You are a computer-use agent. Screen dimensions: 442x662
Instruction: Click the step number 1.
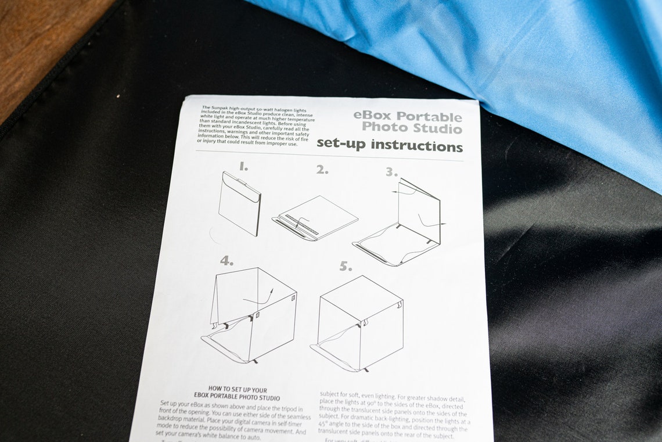point(243,167)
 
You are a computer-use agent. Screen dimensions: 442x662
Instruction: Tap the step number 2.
point(322,170)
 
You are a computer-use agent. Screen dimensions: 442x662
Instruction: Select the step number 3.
point(391,172)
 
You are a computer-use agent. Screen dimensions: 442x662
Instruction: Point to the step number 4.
point(226,261)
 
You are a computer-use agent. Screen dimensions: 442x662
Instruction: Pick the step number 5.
point(346,267)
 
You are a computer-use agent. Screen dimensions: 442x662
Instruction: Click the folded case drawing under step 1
point(239,203)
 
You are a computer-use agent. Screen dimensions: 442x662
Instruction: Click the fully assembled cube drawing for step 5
point(359,322)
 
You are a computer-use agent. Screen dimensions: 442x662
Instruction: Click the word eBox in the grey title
point(372,115)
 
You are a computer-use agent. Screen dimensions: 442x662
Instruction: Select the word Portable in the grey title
point(429,117)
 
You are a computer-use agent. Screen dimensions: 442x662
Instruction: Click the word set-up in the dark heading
point(341,143)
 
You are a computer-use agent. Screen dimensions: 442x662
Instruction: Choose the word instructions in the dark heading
point(416,146)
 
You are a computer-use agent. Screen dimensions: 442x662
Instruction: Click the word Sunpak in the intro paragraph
point(221,108)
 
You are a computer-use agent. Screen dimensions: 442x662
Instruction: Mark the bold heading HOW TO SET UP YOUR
point(237,389)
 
